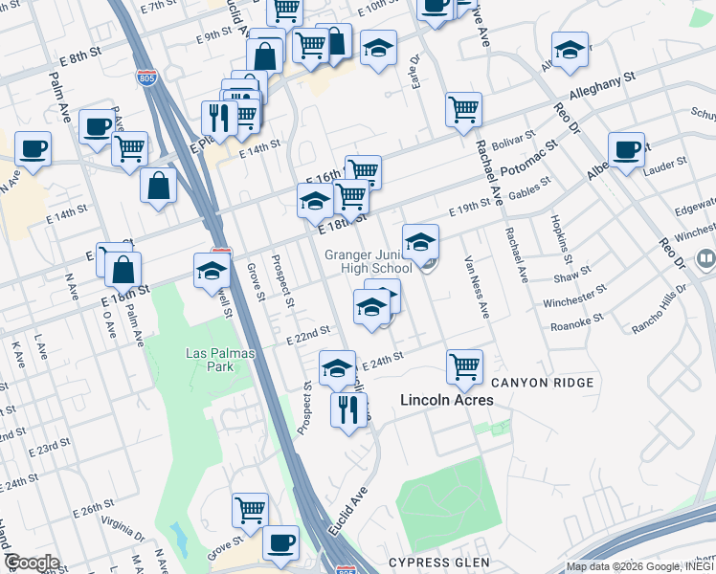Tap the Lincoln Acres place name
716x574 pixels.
(x=446, y=400)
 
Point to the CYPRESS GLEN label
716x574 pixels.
(x=439, y=563)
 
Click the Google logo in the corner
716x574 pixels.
(x=32, y=563)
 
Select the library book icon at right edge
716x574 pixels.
(x=706, y=258)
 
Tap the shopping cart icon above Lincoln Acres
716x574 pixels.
(x=464, y=365)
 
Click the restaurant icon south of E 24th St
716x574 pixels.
(x=348, y=409)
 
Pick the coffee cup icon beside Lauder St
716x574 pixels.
(x=626, y=150)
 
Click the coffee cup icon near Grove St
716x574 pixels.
(x=280, y=542)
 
